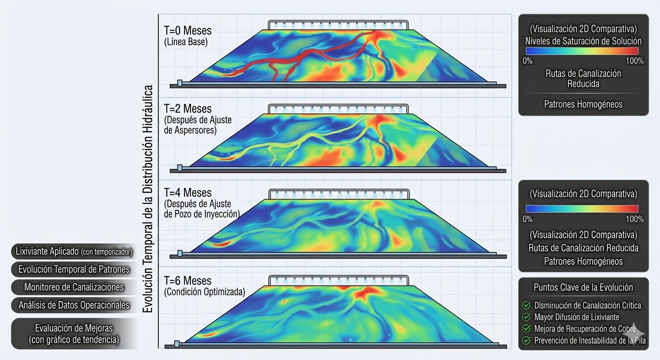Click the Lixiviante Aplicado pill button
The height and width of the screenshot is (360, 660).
74,251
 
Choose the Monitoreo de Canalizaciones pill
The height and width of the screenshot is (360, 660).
74,287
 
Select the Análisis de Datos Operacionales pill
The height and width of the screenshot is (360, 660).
74,305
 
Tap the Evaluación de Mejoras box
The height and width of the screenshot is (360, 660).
74,334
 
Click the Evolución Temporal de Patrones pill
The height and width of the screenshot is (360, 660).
74,269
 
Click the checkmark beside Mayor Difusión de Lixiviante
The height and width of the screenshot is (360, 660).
526,317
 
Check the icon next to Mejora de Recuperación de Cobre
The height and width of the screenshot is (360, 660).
526,329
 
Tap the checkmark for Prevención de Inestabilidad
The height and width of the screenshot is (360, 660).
526,340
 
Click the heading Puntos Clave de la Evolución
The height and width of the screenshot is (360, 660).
583,287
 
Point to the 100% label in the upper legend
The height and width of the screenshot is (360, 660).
635,61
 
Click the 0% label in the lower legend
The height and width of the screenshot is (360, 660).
527,219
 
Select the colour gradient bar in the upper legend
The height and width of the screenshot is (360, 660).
582,51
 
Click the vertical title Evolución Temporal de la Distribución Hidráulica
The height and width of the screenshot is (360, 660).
148,199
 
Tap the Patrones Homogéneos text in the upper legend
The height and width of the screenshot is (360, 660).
583,104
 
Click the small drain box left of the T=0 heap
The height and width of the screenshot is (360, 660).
180,83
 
